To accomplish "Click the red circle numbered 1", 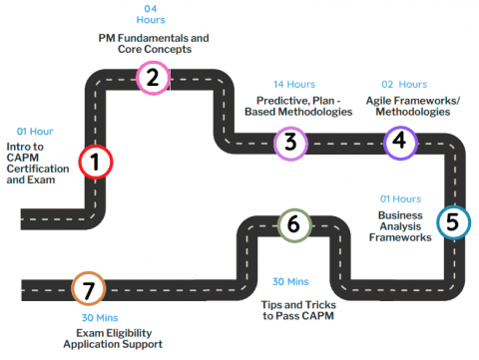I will tap(95, 162).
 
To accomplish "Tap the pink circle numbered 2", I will tap(152, 77).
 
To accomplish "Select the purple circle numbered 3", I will tap(289, 142).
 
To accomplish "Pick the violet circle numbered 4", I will tap(400, 141).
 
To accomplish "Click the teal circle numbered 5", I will tap(452, 222).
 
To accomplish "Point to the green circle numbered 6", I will tap(292, 224).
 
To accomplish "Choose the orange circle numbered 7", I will tap(88, 289).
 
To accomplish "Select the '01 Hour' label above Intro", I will tap(36, 131).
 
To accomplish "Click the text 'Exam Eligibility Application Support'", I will tap(105, 338).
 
